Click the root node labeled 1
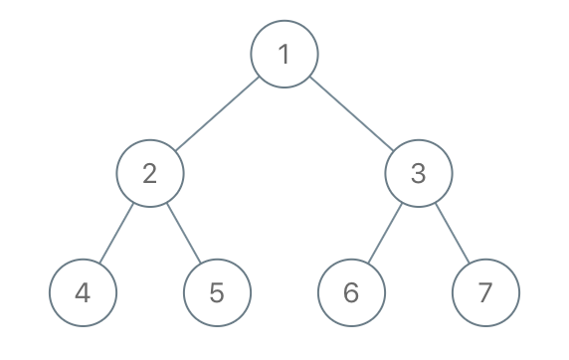[284, 54]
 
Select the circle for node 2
[150, 173]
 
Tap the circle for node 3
[418, 173]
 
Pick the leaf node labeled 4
[84, 292]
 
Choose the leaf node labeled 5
[217, 292]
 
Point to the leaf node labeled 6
[351, 292]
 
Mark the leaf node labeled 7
[484, 292]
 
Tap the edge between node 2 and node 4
[116, 233]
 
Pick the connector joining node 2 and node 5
[184, 233]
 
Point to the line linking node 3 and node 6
[384, 233]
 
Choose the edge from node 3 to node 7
[452, 233]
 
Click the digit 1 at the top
[284, 54]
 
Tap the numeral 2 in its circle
[150, 173]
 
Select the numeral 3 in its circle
[418, 173]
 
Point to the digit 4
[84, 292]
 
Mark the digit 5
[217, 292]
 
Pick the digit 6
[351, 292]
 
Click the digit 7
[484, 292]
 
